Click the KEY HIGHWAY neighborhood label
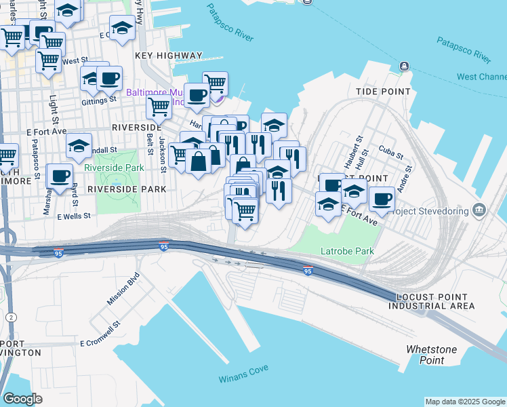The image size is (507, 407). click(x=169, y=56)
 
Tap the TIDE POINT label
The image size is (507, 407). click(x=383, y=91)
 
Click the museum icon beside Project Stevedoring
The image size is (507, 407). click(x=480, y=210)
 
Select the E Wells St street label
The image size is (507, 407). click(x=74, y=216)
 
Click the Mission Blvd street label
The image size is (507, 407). click(x=123, y=289)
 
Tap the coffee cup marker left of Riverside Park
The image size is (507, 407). click(x=60, y=175)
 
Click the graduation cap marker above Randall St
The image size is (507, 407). click(x=79, y=144)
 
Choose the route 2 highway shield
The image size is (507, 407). click(x=11, y=317)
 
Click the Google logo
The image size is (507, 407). click(x=22, y=399)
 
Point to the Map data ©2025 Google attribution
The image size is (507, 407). click(x=465, y=402)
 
